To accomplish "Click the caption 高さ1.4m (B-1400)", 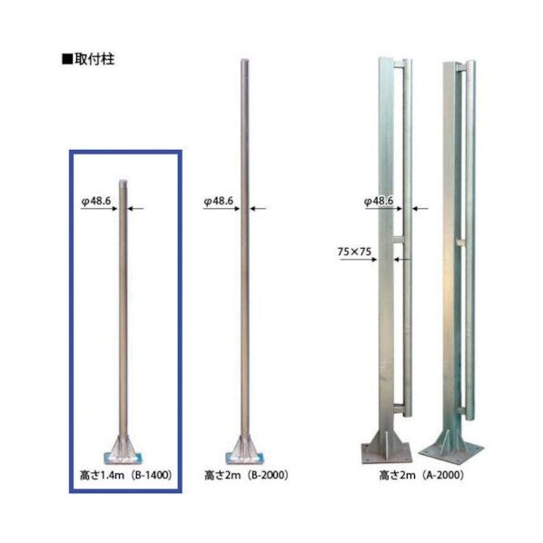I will point(125,474).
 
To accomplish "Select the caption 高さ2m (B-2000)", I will point(242,474).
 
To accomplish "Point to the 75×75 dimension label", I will point(355,250).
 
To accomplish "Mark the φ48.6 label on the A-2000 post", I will point(379,202).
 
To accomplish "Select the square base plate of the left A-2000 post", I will point(385,449).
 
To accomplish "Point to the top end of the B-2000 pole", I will point(243,64).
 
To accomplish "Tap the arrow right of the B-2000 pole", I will point(258,210).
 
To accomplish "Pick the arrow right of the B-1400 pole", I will point(137,210).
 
